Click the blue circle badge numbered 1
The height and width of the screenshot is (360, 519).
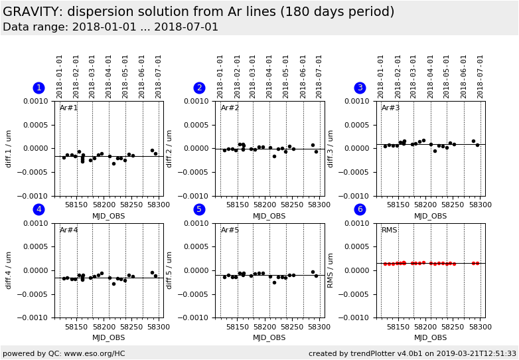pyautogui.click(x=38, y=88)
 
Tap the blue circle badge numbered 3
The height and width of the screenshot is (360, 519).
pyautogui.click(x=360, y=88)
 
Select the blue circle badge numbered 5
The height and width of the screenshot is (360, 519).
pyautogui.click(x=199, y=210)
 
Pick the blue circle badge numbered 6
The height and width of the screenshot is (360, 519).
pyautogui.click(x=360, y=210)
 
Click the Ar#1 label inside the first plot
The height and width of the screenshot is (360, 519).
pyautogui.click(x=69, y=108)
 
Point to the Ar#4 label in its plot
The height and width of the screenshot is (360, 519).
pyautogui.click(x=69, y=230)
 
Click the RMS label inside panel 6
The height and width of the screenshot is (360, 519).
pyautogui.click(x=390, y=230)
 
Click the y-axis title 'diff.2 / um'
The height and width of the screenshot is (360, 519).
pyautogui.click(x=169, y=149)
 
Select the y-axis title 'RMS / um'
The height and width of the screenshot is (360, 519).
pyautogui.click(x=331, y=271)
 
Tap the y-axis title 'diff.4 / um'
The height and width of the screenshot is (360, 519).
pyautogui.click(x=9, y=271)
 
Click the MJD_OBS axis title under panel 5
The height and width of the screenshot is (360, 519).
pyautogui.click(x=269, y=338)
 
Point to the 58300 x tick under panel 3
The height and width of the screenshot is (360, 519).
pyautogui.click(x=481, y=205)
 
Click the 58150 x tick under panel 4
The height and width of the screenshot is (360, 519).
pyautogui.click(x=76, y=327)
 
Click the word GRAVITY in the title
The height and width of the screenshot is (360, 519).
pyautogui.click(x=31, y=12)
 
